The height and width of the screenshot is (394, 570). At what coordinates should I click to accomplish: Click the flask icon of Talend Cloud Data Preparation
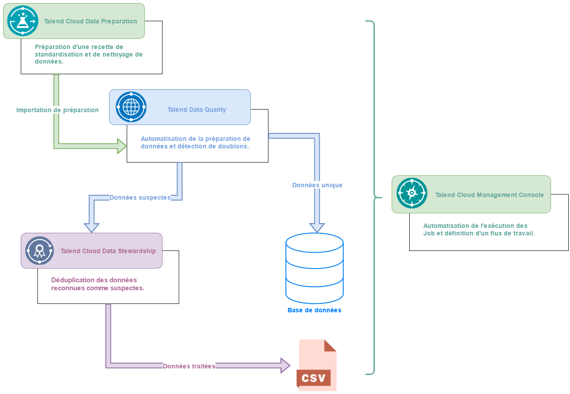[x=23, y=21]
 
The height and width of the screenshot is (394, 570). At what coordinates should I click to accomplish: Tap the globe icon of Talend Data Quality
[x=131, y=107]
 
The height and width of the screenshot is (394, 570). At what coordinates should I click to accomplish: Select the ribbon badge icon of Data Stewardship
[x=39, y=250]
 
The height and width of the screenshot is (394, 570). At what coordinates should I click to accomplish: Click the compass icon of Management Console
[x=411, y=193]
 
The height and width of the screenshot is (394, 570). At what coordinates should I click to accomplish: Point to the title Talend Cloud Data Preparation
[x=91, y=21]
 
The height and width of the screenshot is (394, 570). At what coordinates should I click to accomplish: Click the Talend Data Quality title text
[x=196, y=110]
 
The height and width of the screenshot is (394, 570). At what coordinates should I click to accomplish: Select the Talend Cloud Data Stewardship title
[x=108, y=251]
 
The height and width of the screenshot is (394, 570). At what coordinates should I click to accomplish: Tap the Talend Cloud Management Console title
[x=489, y=195]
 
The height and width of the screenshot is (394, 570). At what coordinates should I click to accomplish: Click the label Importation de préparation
[x=57, y=110]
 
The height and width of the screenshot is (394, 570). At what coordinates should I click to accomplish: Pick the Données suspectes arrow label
[x=140, y=197]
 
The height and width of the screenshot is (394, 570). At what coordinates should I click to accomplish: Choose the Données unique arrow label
[x=317, y=185]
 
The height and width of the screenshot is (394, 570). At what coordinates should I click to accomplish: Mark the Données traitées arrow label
[x=189, y=366]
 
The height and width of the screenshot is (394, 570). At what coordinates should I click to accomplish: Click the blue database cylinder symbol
[x=314, y=268]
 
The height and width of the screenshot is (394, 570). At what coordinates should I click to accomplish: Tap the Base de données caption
[x=314, y=310]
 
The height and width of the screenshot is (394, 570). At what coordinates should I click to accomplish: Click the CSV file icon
[x=316, y=365]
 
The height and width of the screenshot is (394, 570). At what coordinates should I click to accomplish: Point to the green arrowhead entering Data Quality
[x=122, y=145]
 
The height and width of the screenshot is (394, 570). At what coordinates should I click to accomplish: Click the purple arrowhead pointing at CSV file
[x=285, y=365]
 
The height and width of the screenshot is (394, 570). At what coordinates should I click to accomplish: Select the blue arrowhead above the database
[x=317, y=227]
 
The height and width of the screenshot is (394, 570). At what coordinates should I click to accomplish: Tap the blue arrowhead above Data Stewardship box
[x=92, y=227]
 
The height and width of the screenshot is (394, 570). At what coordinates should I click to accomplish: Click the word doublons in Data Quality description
[x=234, y=146]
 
